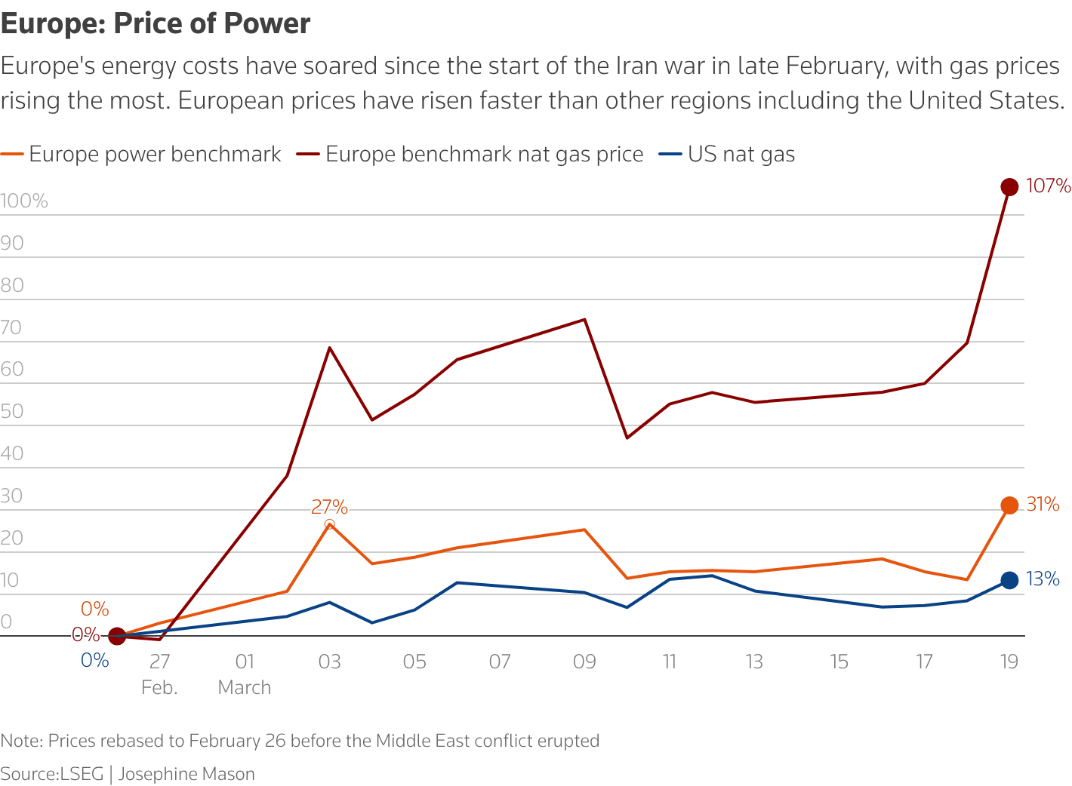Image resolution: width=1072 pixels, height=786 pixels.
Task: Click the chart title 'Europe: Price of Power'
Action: click(x=156, y=24)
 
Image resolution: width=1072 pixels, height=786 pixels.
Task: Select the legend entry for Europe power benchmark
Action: click(x=154, y=155)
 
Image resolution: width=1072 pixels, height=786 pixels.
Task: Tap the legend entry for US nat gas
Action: click(x=741, y=155)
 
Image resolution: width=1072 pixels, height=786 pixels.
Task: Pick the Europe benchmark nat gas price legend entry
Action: click(x=484, y=155)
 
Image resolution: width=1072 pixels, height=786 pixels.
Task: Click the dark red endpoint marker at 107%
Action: click(x=1009, y=187)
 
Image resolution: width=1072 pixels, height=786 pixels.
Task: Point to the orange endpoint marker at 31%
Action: click(x=1009, y=505)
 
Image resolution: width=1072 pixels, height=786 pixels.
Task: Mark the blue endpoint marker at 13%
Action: click(x=1009, y=580)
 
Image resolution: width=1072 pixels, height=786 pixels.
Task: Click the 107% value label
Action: click(x=1049, y=186)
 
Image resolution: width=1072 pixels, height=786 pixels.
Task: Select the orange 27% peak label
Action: click(x=329, y=507)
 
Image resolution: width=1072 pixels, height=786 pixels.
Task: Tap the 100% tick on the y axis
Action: click(x=24, y=201)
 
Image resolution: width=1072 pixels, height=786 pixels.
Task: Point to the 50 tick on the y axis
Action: click(x=12, y=412)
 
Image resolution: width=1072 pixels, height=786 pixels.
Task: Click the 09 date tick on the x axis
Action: click(x=584, y=662)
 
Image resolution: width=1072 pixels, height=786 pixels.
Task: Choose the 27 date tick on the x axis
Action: click(x=159, y=662)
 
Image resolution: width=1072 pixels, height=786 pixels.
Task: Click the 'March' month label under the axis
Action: click(x=244, y=688)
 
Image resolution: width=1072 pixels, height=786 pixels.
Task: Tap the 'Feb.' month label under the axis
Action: click(x=159, y=688)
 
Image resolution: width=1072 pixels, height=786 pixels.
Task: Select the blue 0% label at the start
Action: click(x=95, y=661)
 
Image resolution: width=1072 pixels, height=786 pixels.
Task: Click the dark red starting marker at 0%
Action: click(x=117, y=637)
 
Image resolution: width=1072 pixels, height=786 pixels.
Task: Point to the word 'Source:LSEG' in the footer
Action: click(x=52, y=774)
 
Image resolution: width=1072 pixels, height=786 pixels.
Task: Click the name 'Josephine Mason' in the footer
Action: click(x=186, y=774)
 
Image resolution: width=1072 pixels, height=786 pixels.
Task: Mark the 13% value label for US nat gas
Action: click(x=1043, y=579)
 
